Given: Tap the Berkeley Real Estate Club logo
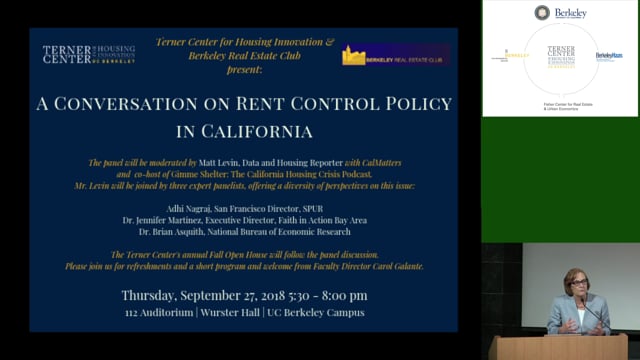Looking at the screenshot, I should click(x=394, y=55).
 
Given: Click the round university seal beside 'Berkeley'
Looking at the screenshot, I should click(x=542, y=13).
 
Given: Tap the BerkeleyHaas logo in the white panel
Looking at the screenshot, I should click(x=608, y=56).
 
